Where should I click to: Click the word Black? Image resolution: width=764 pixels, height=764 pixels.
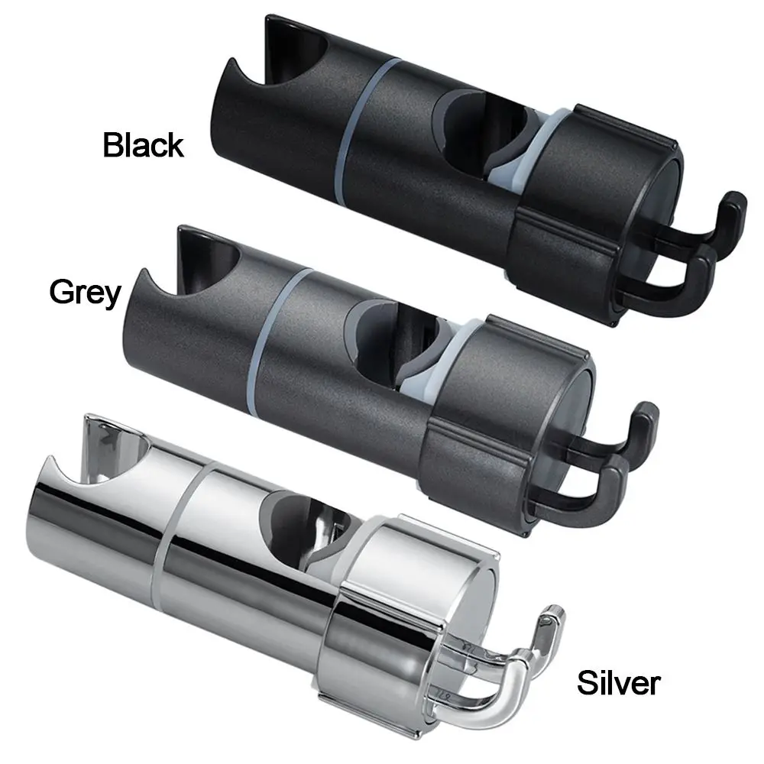click(144, 144)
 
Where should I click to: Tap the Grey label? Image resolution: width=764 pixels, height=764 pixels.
click(86, 293)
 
